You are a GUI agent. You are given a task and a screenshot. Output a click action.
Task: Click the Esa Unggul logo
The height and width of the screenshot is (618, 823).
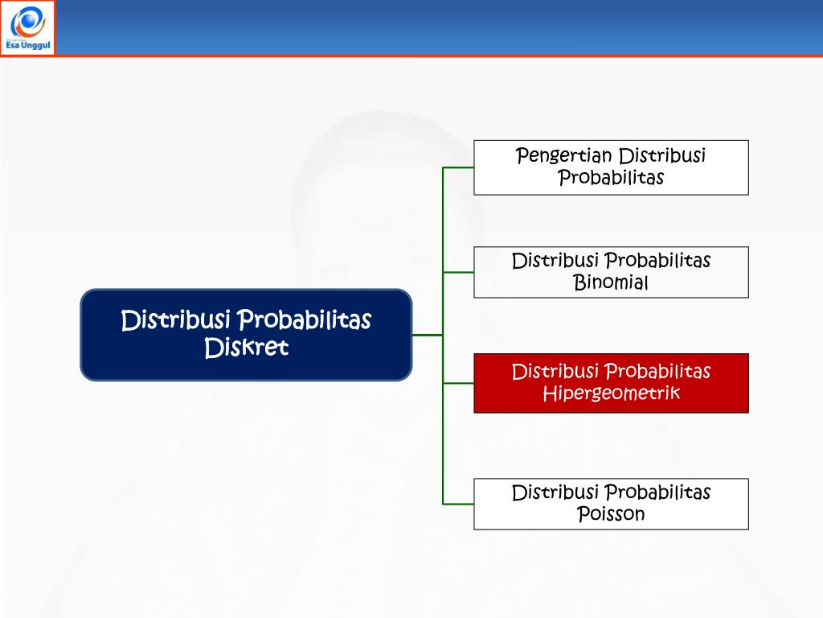click(x=28, y=27)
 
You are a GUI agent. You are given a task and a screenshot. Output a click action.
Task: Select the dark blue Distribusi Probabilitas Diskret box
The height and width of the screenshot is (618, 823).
click(x=246, y=334)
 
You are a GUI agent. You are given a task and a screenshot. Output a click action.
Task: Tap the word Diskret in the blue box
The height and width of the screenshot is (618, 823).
click(x=246, y=348)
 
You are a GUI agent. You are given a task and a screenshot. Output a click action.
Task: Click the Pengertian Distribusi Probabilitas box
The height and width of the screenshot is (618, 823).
click(x=611, y=167)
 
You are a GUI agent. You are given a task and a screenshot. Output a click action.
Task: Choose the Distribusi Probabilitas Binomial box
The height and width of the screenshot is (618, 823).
click(x=611, y=272)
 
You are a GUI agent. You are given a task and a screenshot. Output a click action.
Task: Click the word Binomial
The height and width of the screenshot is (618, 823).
click(x=611, y=283)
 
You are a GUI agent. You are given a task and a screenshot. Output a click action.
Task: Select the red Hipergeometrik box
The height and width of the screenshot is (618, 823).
click(x=611, y=383)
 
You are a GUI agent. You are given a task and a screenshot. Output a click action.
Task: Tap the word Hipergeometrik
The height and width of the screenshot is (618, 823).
click(x=611, y=393)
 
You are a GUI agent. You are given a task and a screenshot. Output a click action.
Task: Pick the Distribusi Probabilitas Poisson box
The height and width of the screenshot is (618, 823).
click(x=611, y=504)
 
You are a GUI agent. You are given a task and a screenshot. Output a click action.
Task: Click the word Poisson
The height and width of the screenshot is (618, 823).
click(x=611, y=514)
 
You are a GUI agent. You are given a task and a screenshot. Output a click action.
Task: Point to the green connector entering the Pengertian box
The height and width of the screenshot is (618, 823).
click(x=458, y=167)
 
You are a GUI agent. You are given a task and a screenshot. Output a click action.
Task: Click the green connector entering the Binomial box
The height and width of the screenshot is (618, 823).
click(x=458, y=272)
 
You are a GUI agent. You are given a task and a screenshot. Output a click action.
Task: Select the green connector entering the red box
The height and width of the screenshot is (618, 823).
click(x=458, y=383)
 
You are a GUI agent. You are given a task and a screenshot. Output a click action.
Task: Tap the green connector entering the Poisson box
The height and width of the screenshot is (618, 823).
click(x=458, y=504)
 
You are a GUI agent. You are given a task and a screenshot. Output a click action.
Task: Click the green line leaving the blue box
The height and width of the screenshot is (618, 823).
click(x=427, y=334)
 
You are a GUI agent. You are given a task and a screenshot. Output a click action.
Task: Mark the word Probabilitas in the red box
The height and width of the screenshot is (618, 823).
click(x=657, y=372)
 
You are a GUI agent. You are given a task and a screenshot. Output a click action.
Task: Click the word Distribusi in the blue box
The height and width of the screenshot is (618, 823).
click(x=170, y=320)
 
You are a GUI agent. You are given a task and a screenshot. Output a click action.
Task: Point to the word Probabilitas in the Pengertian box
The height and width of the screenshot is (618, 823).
click(x=611, y=178)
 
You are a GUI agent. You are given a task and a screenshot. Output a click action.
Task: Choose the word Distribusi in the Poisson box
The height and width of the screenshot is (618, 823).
click(x=555, y=492)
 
